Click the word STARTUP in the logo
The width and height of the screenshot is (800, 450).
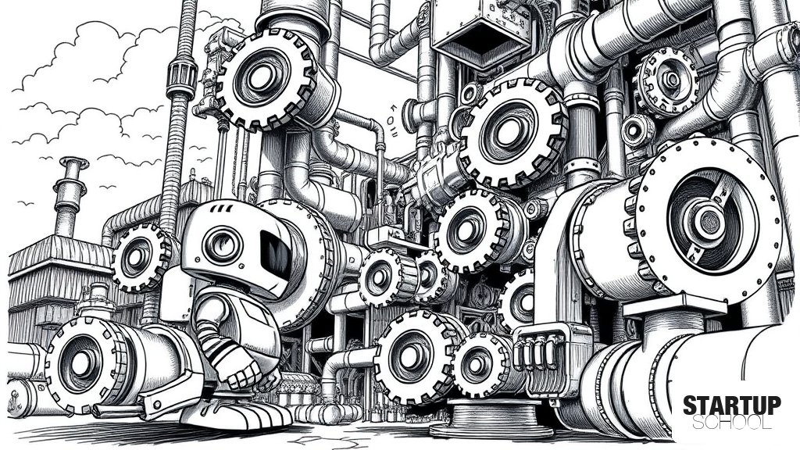731,406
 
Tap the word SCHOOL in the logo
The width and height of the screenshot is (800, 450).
732,423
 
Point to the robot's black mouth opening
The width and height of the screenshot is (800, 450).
276,254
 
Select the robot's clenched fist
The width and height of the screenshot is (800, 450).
244,374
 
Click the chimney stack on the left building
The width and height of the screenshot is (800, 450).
70,196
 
